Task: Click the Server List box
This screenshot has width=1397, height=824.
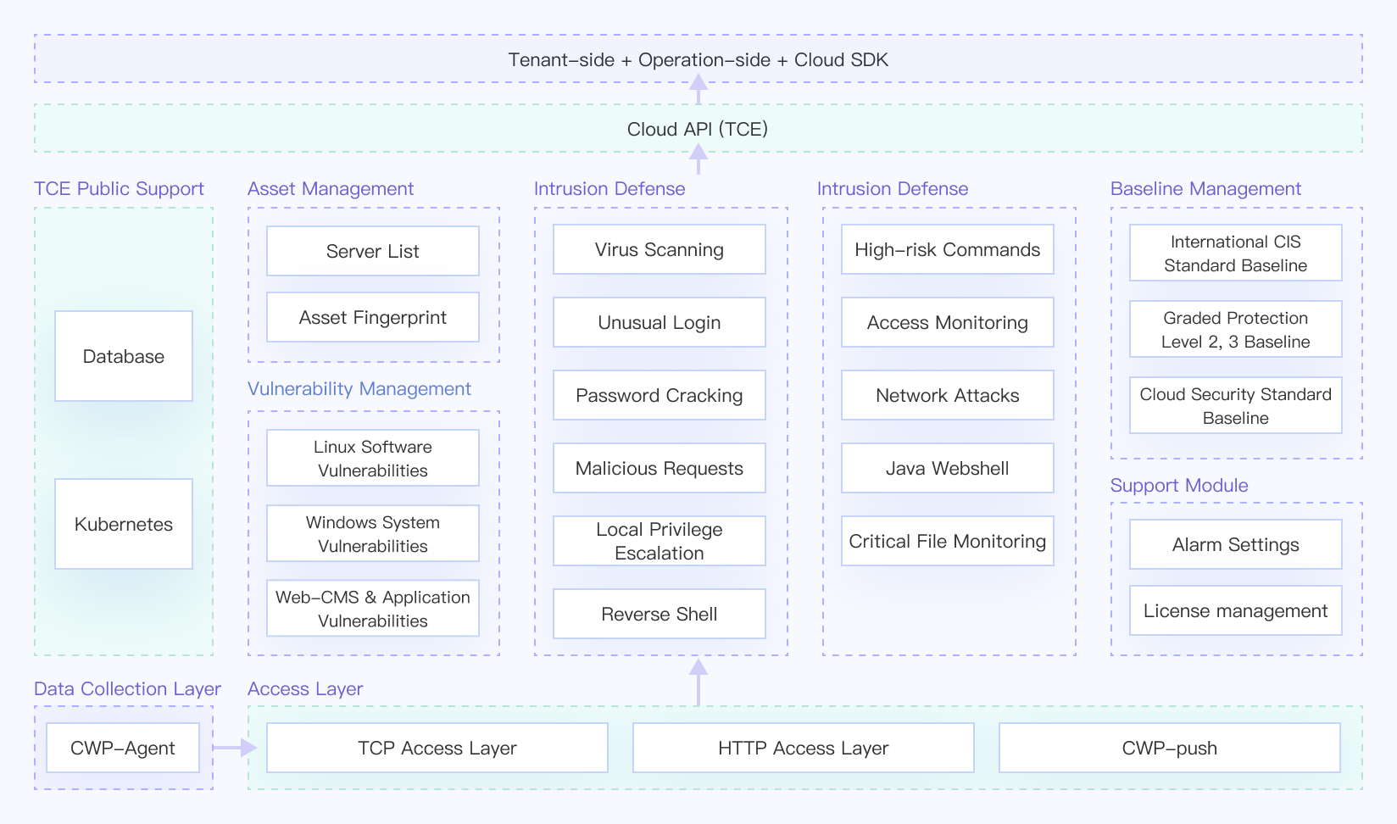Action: (x=373, y=251)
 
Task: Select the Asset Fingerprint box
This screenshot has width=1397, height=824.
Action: (x=373, y=317)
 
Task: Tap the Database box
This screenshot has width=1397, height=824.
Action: (x=124, y=355)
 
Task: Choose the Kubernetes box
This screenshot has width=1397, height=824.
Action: (x=124, y=523)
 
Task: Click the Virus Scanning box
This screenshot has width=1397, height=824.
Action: (x=660, y=249)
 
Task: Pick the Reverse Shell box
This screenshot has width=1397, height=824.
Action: (x=660, y=613)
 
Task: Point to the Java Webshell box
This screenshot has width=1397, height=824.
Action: (x=948, y=468)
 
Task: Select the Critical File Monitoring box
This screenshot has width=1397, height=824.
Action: (x=948, y=541)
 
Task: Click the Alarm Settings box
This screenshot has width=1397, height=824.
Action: (x=1235, y=544)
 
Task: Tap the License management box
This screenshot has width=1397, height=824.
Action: (x=1235, y=610)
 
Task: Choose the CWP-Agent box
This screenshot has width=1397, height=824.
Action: (x=123, y=747)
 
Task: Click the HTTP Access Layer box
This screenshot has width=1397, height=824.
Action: (x=804, y=747)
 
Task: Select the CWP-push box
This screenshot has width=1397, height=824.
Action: (x=1169, y=747)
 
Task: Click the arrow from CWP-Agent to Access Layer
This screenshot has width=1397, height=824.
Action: (x=235, y=747)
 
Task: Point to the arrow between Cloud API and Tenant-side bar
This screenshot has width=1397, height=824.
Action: (x=698, y=88)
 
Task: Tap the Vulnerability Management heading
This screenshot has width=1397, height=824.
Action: (x=359, y=388)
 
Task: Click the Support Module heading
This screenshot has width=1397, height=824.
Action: (x=1178, y=485)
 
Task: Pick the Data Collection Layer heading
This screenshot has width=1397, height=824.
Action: (x=127, y=688)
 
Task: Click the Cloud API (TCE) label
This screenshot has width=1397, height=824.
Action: (x=698, y=129)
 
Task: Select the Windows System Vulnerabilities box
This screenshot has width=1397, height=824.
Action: (x=373, y=533)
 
